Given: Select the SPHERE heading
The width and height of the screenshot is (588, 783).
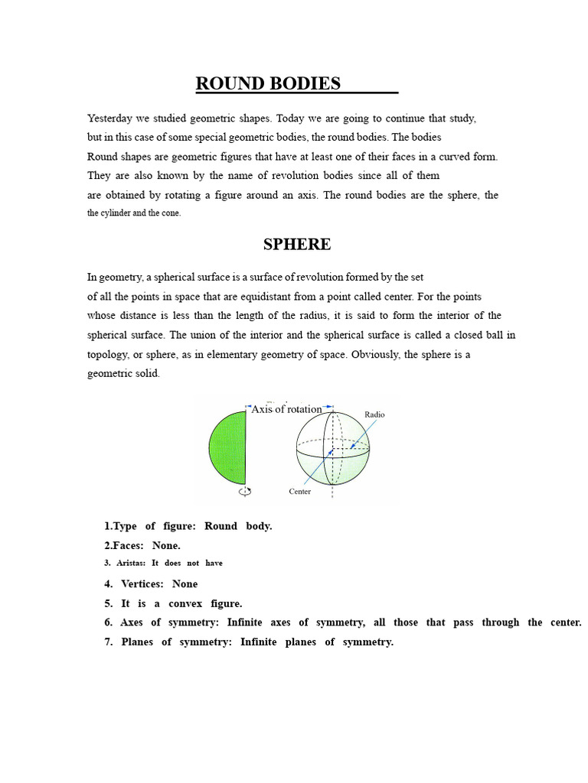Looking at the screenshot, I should (297, 245).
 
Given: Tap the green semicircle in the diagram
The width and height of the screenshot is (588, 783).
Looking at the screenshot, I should (227, 447).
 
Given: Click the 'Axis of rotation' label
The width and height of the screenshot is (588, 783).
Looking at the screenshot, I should (286, 409).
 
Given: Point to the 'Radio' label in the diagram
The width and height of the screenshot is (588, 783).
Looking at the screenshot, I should (374, 414).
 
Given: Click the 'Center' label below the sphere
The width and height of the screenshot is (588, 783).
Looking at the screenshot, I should (299, 491).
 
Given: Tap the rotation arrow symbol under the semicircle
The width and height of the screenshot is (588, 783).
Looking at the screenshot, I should (245, 492).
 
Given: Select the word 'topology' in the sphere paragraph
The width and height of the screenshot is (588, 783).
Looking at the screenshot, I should (109, 355).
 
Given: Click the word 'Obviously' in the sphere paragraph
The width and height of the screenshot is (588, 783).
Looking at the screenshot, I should (380, 355).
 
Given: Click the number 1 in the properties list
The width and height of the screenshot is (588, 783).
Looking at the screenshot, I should (107, 527).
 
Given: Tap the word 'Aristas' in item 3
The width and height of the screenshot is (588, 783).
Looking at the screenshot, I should (130, 563).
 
